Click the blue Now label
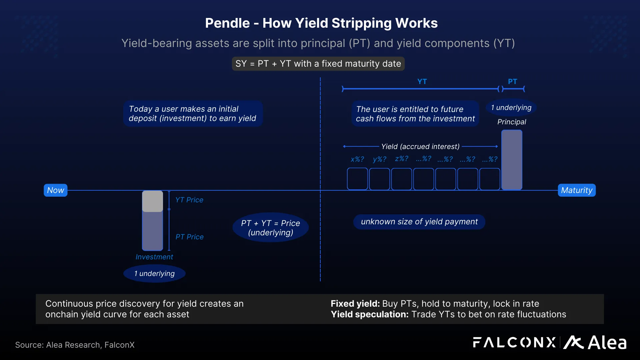pyautogui.click(x=55, y=190)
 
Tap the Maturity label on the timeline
pyautogui.click(x=576, y=190)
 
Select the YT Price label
pyautogui.click(x=189, y=200)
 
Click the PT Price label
pyautogui.click(x=189, y=237)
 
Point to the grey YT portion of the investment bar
pyautogui.click(x=152, y=201)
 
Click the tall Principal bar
pyautogui.click(x=512, y=160)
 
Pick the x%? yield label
pyautogui.click(x=357, y=159)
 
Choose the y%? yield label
pyautogui.click(x=380, y=159)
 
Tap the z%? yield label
pyautogui.click(x=402, y=159)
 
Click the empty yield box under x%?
pyautogui.click(x=357, y=179)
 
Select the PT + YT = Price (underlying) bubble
pyautogui.click(x=270, y=228)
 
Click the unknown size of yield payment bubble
pyautogui.click(x=419, y=222)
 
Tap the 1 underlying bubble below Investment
pyautogui.click(x=154, y=274)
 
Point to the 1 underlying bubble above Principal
pyautogui.click(x=511, y=108)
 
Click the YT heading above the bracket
pyautogui.click(x=422, y=82)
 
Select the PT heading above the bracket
pyautogui.click(x=512, y=82)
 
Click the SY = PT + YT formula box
pyautogui.click(x=318, y=64)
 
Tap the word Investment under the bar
pyautogui.click(x=154, y=257)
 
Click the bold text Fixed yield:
pyautogui.click(x=355, y=304)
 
